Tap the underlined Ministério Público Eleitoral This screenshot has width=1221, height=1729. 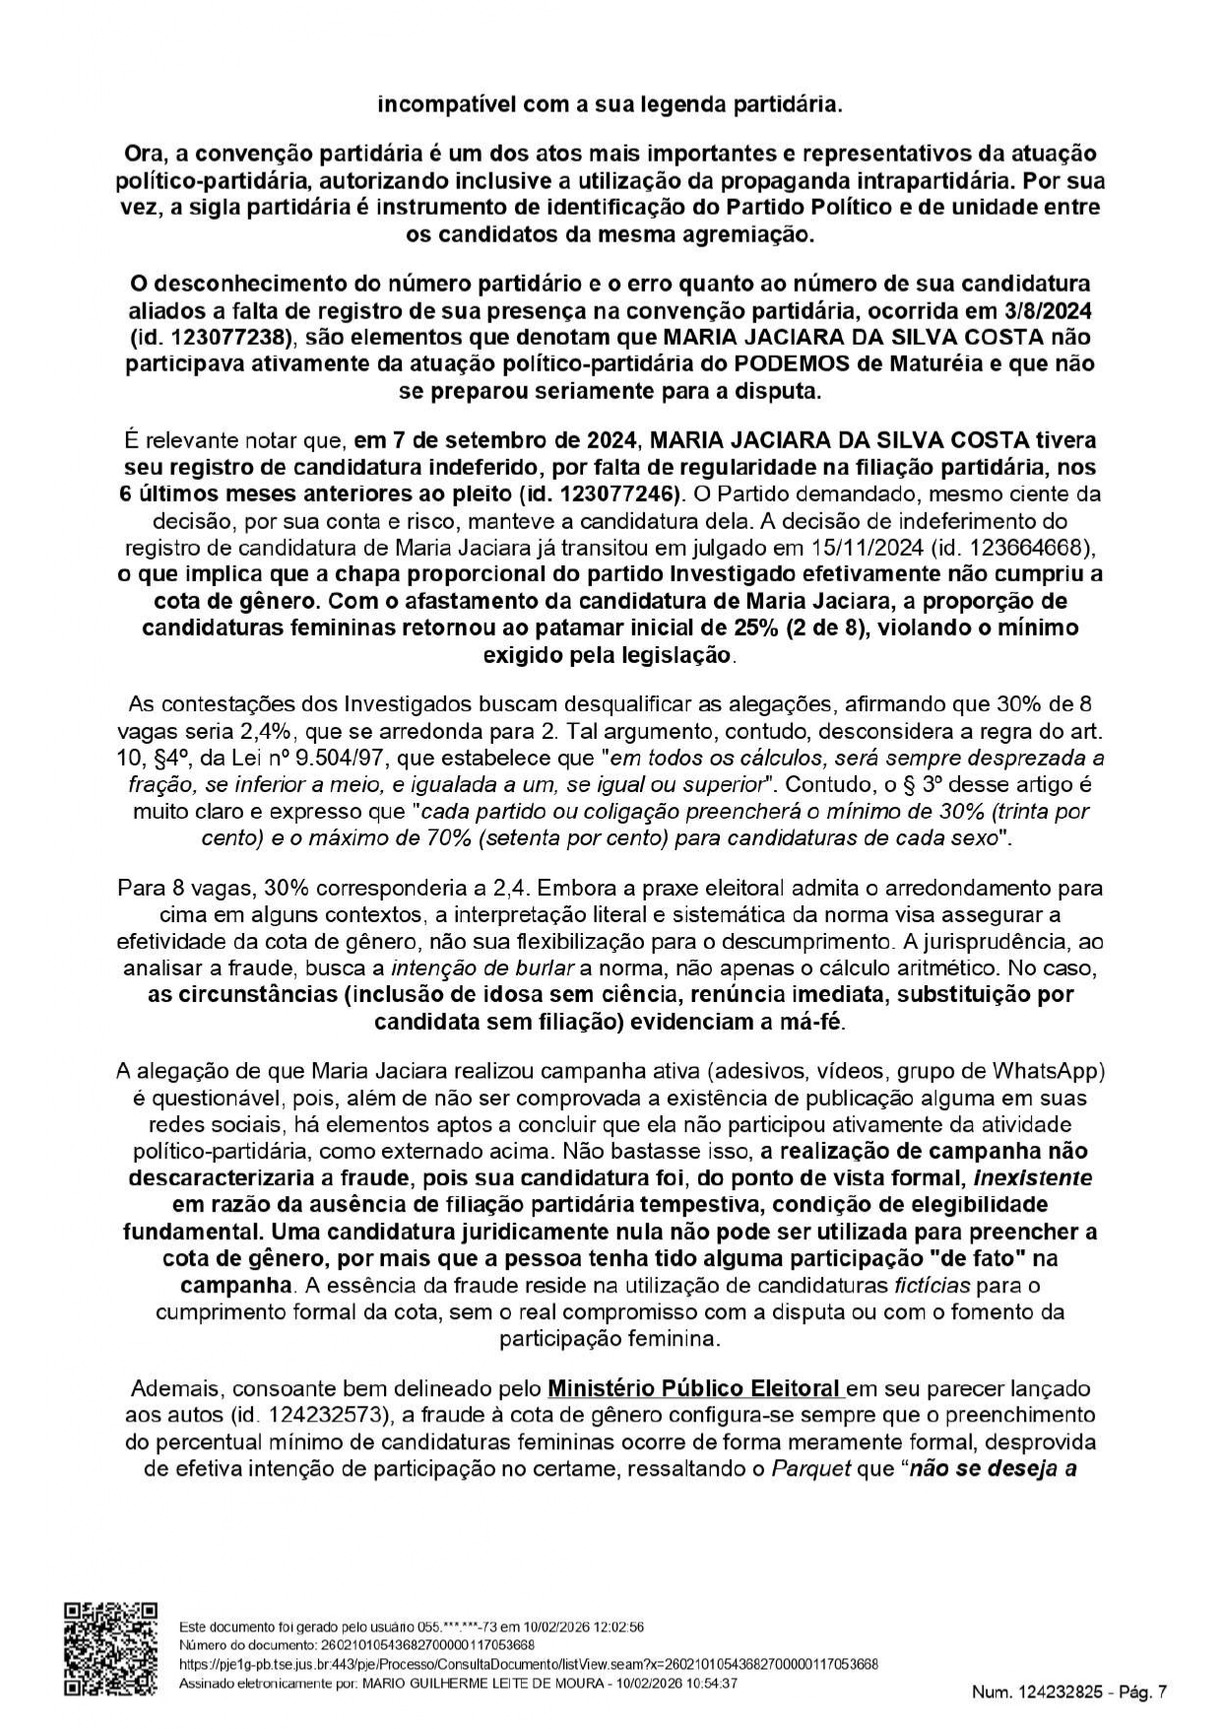point(695,1388)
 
